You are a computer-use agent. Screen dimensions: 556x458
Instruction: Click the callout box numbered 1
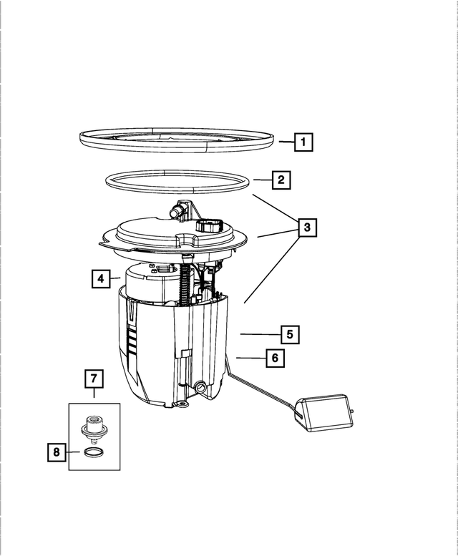point(303,142)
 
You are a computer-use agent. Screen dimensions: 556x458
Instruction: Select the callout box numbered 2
point(281,180)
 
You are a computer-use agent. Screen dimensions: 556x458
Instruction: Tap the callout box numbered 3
point(306,228)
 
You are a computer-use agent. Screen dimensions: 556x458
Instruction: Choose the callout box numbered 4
point(102,278)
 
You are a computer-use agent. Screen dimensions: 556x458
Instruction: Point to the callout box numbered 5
point(289,333)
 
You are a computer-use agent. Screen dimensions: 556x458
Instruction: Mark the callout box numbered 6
point(275,357)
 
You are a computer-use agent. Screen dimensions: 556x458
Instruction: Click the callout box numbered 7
point(94,377)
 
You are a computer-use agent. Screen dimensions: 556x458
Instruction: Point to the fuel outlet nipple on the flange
point(177,210)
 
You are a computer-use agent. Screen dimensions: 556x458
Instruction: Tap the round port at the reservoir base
point(200,387)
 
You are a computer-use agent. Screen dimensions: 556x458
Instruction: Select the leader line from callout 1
point(285,142)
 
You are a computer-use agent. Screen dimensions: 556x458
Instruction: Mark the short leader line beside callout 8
point(74,452)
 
